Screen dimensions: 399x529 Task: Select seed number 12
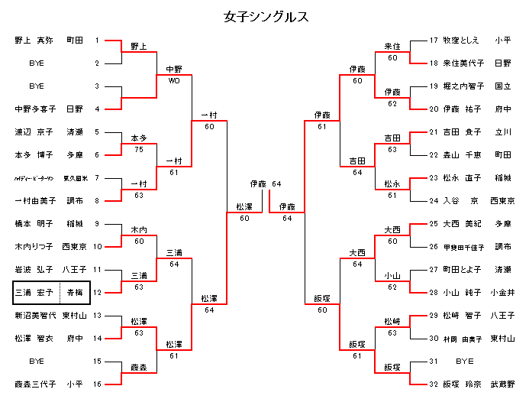[x=97, y=292]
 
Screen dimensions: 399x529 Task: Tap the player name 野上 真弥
[x=34, y=40]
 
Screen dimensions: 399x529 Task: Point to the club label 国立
[x=502, y=86]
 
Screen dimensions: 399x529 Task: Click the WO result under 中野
[x=173, y=80]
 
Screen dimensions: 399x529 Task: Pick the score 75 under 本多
[x=138, y=149]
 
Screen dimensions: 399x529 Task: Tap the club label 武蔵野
[x=502, y=384]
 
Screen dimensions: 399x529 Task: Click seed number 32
[x=434, y=384]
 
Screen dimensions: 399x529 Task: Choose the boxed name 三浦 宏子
[x=35, y=292]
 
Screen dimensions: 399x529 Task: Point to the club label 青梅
[x=75, y=292]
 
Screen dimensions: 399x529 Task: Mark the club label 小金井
[x=502, y=292]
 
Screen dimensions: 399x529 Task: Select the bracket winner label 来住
[x=392, y=47]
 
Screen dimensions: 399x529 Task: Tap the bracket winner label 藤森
[x=138, y=367]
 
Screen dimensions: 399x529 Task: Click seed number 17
[x=434, y=40]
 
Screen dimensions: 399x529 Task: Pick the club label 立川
[x=502, y=131]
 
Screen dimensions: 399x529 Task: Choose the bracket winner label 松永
[x=392, y=184]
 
